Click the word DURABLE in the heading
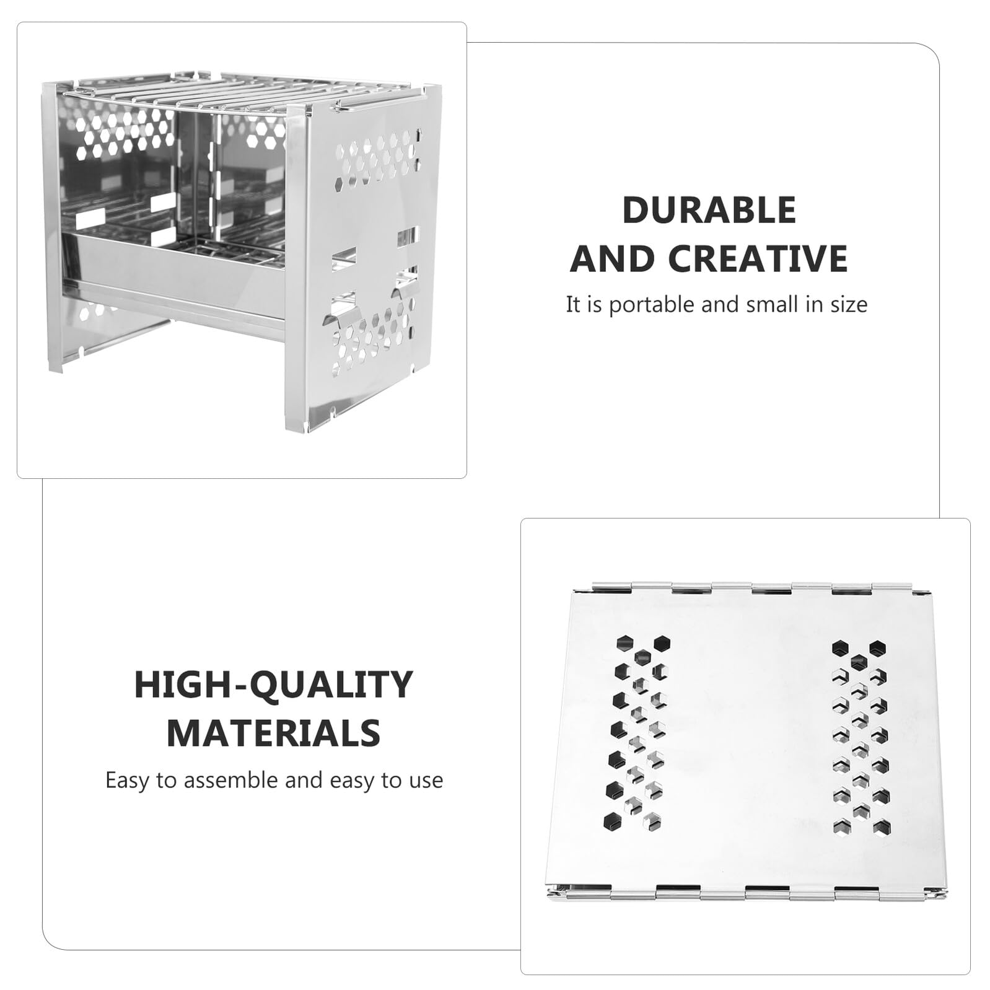709,210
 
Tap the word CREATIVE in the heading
757,258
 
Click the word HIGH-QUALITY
273,684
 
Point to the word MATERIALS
273,733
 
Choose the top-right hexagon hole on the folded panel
877,648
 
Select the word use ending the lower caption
426,781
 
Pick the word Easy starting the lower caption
127,781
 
